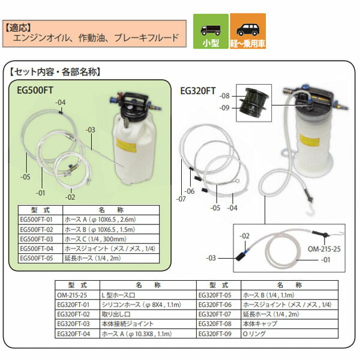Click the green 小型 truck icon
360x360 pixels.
click(x=211, y=29)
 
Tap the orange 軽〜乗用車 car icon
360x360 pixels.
click(x=248, y=30)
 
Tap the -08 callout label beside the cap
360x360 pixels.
click(x=224, y=95)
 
